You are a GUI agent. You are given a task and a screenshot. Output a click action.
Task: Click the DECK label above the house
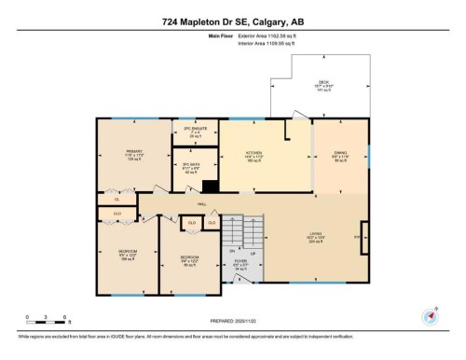(323, 83)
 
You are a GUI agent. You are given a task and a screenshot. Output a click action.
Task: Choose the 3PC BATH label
(193, 166)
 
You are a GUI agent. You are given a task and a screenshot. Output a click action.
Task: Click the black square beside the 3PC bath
(211, 187)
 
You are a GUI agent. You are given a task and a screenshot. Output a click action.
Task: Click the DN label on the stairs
(232, 250)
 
